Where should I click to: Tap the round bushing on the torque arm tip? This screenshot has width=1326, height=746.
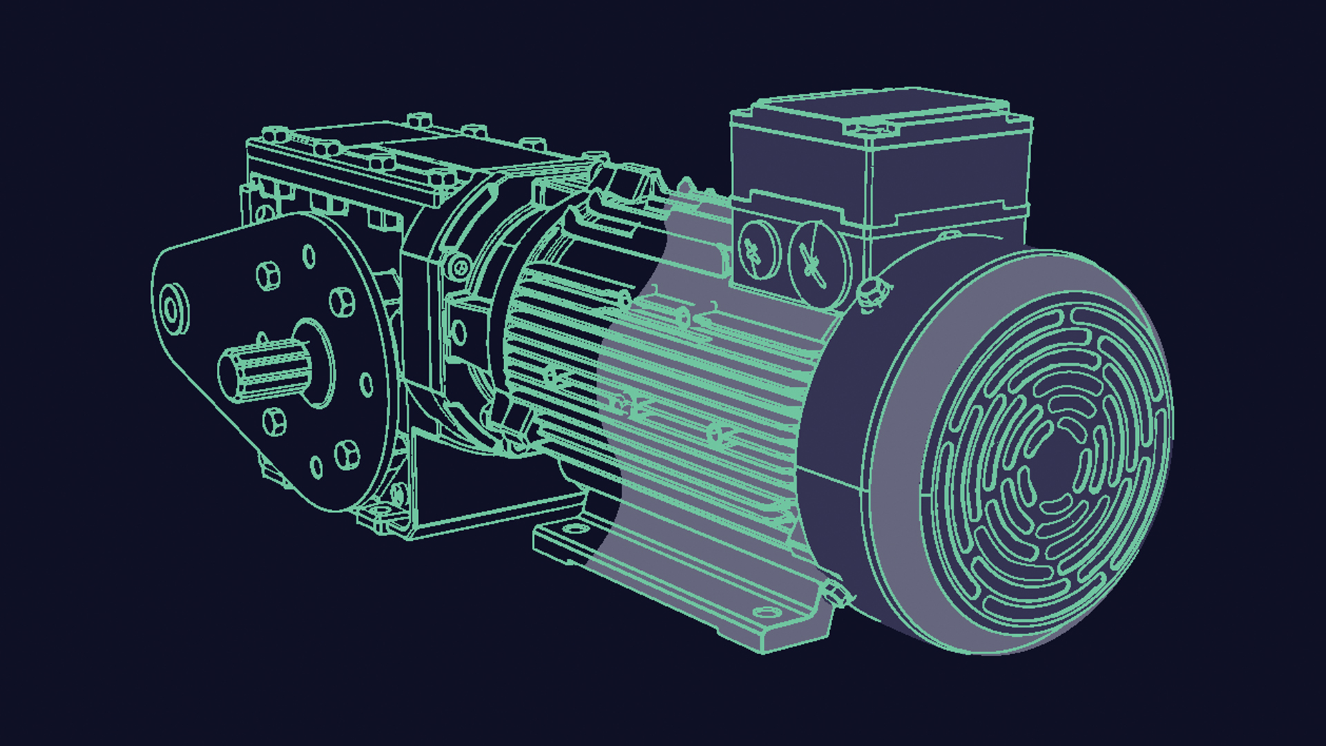click(173, 308)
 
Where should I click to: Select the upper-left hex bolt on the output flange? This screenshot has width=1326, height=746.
click(268, 276)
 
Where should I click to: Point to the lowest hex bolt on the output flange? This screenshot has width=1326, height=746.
click(347, 454)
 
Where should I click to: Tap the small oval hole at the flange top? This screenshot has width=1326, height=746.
click(309, 256)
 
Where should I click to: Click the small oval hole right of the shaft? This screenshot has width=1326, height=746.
click(367, 384)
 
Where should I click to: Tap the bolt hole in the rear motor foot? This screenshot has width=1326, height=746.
click(575, 530)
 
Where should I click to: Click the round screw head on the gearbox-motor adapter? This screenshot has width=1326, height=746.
click(458, 266)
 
